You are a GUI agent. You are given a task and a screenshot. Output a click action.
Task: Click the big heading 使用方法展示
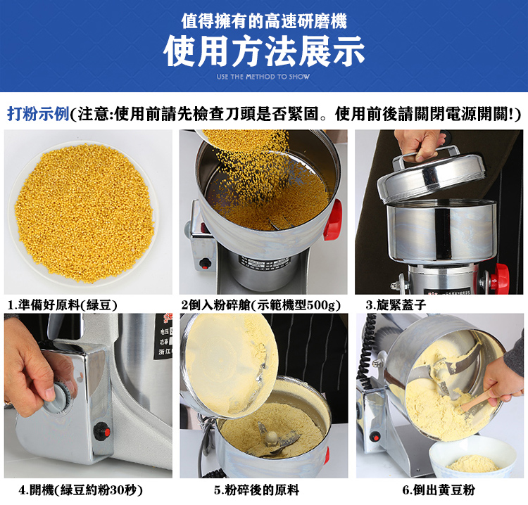click(x=264, y=51)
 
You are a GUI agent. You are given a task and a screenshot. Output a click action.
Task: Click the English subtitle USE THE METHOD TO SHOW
click(x=263, y=77)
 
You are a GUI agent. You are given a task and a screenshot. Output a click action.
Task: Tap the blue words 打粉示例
click(x=38, y=114)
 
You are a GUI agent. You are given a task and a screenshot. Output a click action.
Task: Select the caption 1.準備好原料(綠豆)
click(x=63, y=305)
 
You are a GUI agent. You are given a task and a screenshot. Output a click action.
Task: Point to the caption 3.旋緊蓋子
click(x=396, y=305)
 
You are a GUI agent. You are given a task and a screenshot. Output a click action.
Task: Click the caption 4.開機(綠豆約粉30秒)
click(x=81, y=490)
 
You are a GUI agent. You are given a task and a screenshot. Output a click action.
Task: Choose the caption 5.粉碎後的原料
click(x=256, y=490)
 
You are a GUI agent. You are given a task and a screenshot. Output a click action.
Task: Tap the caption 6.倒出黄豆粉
click(x=439, y=490)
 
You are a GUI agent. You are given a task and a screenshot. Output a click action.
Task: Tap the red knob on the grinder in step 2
click(x=333, y=219)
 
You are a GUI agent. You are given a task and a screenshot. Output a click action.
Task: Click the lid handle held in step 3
click(x=425, y=155)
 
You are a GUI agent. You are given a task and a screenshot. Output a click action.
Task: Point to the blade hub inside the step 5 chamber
click(x=272, y=437)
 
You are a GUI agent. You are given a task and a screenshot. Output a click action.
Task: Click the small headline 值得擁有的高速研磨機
click(x=264, y=21)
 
